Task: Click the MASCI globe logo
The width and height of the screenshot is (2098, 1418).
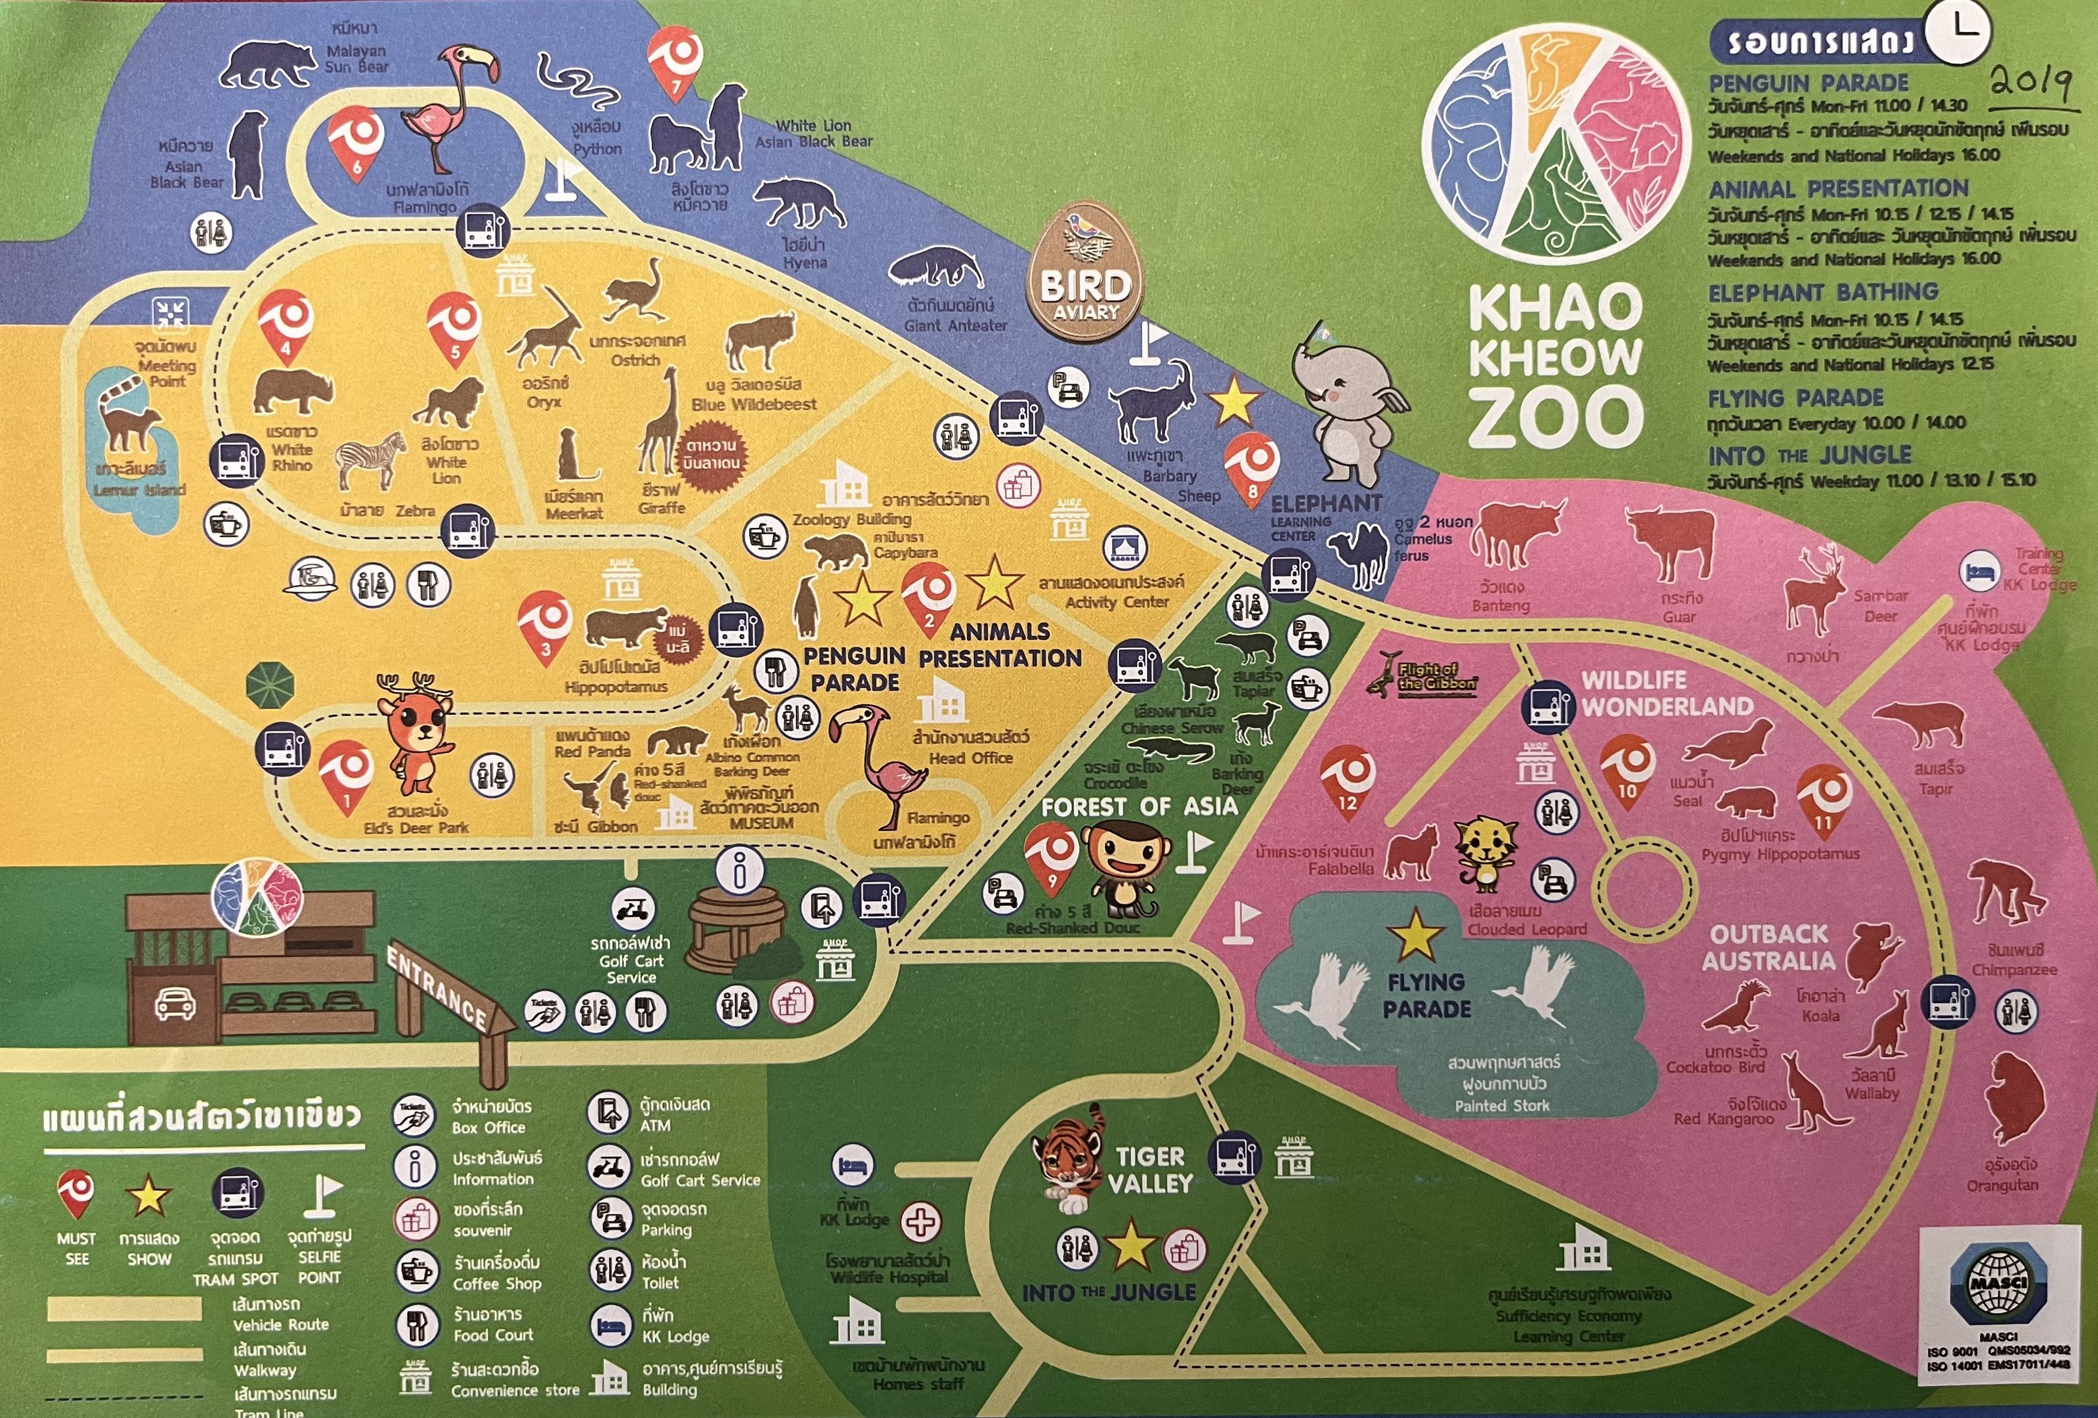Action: coord(1995,1286)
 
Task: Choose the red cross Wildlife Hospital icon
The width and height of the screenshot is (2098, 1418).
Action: coord(921,1223)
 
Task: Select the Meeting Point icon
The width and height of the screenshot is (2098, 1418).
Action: coord(169,314)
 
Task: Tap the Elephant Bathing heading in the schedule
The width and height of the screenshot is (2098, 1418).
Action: coord(1823,292)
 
